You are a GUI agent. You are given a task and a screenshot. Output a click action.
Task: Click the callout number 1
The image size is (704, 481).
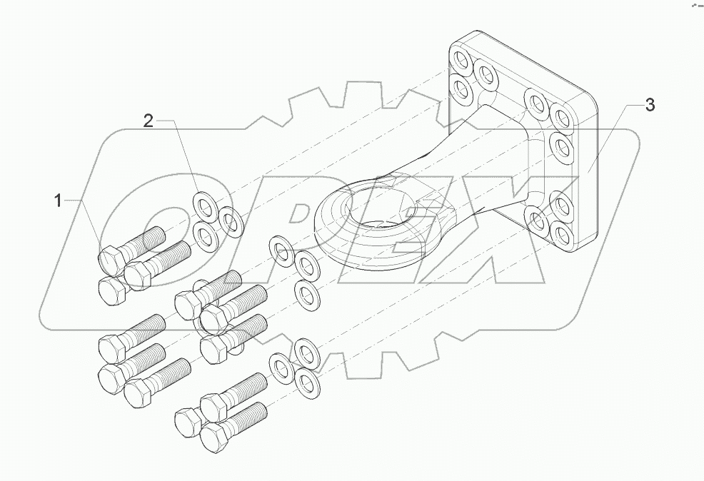point(59,201)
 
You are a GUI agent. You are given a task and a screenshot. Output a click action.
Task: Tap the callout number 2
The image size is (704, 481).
point(148,121)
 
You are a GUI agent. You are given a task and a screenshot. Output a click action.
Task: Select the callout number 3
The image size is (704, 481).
point(648,105)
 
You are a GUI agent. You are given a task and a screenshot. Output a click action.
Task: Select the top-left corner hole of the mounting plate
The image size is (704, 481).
point(458,59)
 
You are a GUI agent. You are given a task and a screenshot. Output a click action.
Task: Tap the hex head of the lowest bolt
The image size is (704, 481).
point(212,437)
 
